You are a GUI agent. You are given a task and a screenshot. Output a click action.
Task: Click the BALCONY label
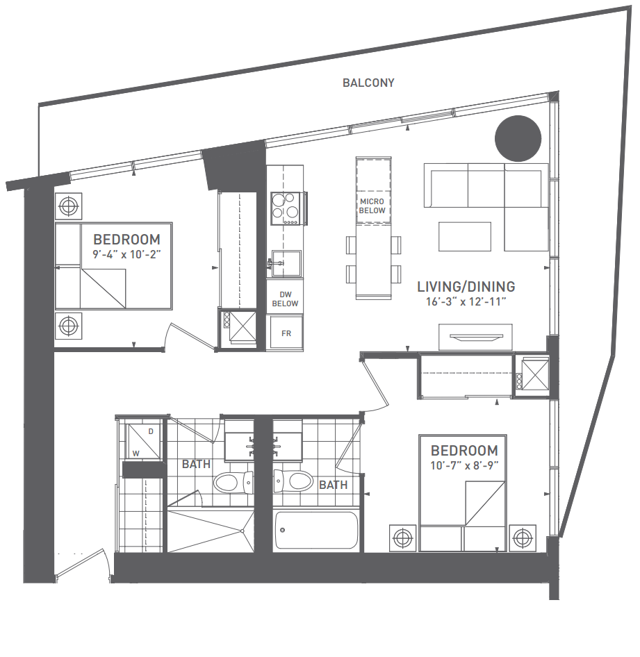tap(368, 83)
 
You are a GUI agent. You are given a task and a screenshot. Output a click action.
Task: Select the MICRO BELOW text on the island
tap(372, 206)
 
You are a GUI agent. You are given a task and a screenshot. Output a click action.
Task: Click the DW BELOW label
tap(285, 299)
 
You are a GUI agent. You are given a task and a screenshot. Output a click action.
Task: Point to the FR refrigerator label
tap(286, 333)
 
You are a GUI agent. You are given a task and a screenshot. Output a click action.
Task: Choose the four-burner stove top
tap(286, 208)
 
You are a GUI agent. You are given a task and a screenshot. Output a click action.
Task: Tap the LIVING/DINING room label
tap(466, 286)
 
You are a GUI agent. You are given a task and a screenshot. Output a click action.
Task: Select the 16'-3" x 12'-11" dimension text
tap(466, 302)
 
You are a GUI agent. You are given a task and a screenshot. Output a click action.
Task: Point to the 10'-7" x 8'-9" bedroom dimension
tap(464, 465)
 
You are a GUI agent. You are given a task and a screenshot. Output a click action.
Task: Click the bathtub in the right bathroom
tap(316, 531)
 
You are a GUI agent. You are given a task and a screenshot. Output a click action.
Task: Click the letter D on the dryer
tap(151, 431)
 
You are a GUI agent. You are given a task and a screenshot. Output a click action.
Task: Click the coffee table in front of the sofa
tap(465, 236)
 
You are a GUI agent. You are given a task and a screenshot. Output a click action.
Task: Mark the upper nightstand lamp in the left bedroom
tap(68, 206)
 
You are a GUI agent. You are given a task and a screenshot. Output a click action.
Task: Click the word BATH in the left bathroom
tap(196, 464)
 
